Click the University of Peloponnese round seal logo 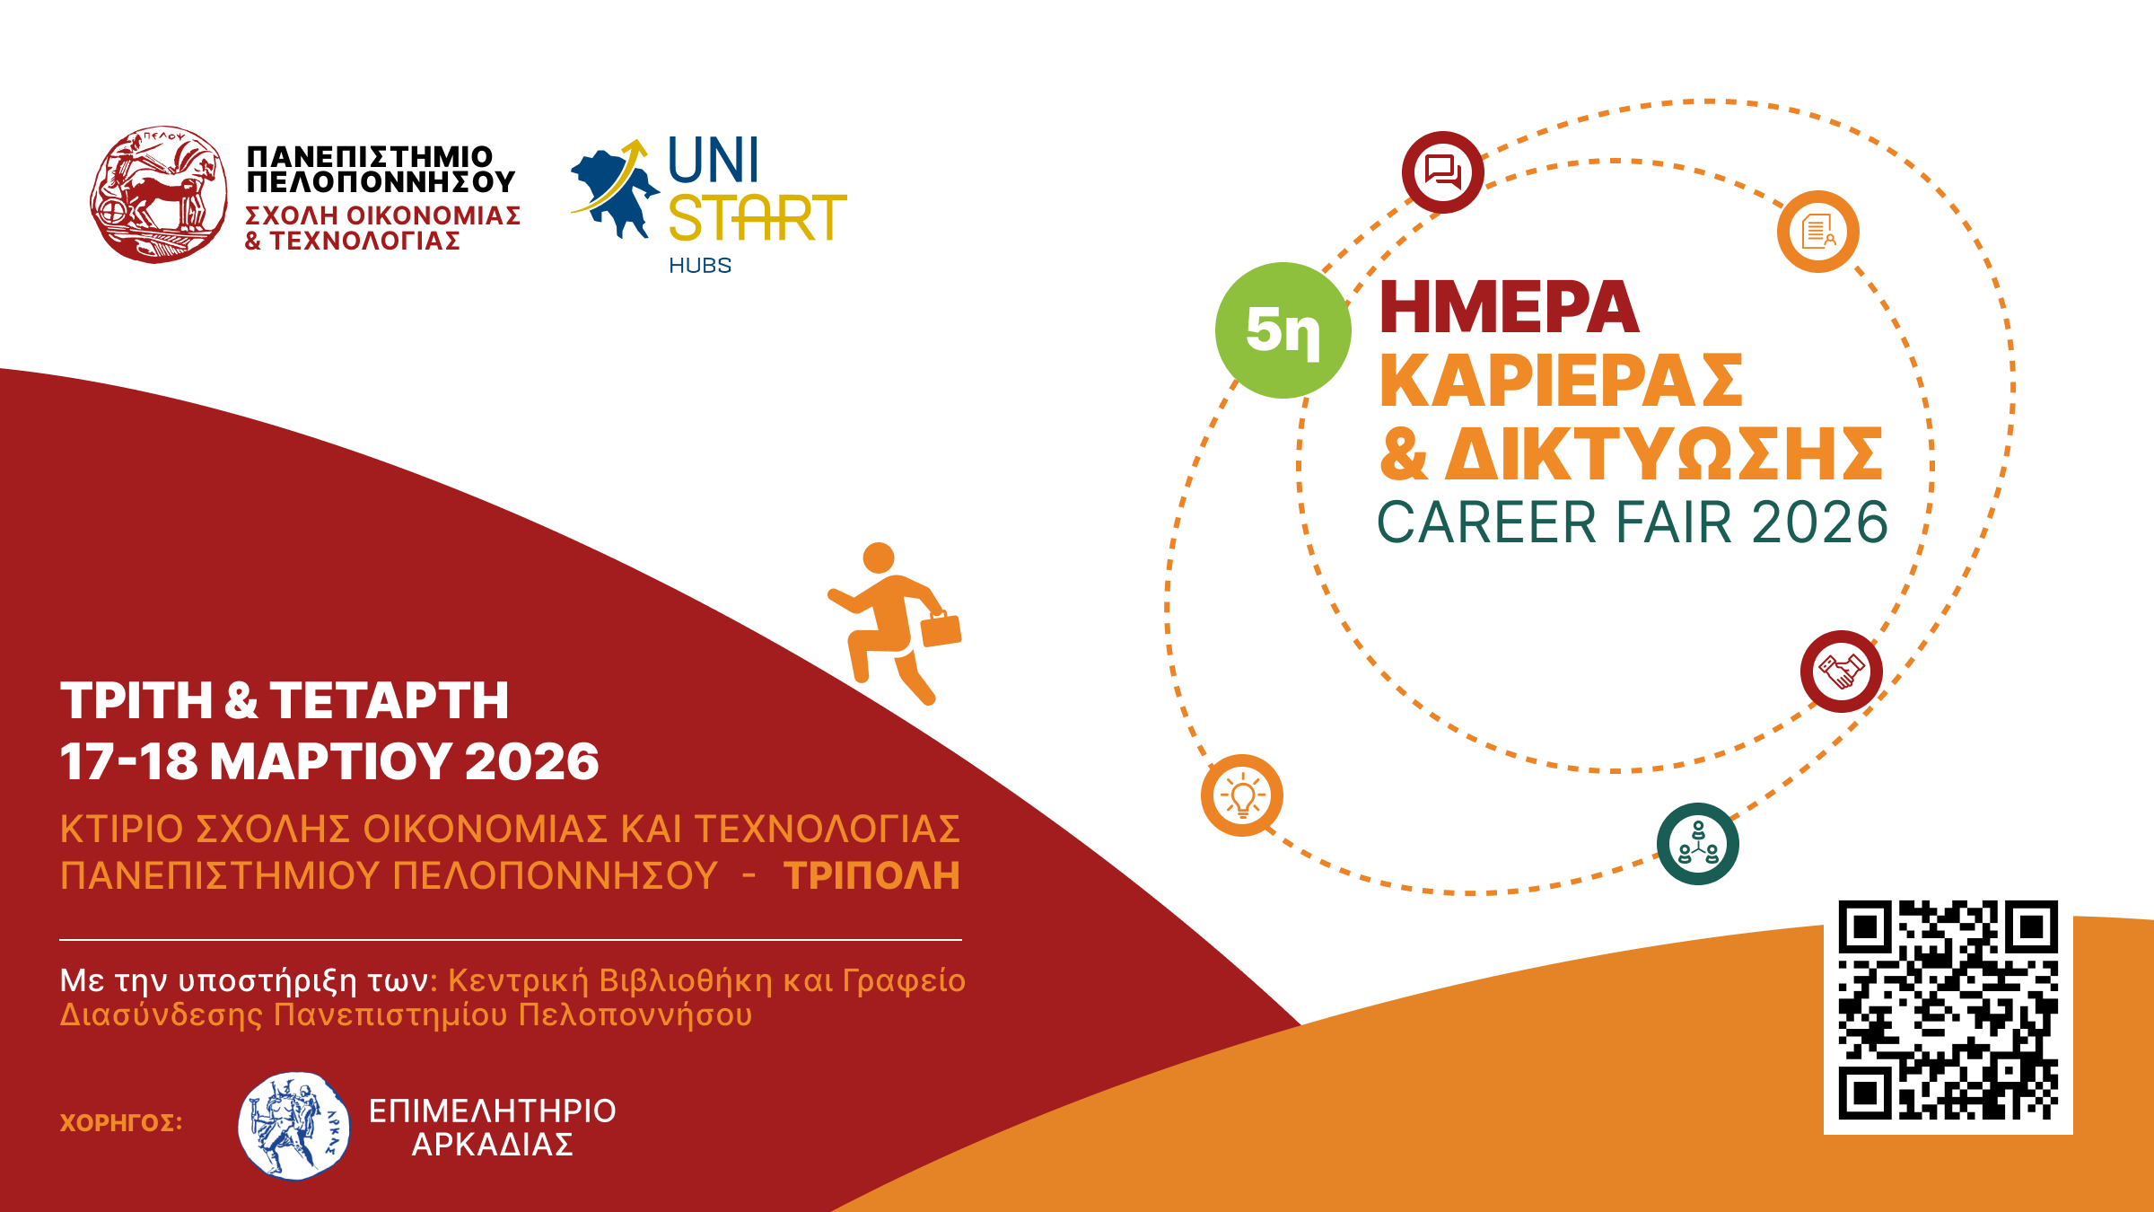pos(159,195)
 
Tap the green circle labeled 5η pos(1283,330)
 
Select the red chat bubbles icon pos(1443,172)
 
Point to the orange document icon pos(1818,232)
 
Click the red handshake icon pos(1842,672)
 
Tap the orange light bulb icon pos(1242,795)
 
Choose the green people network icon pos(1698,844)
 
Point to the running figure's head pos(879,558)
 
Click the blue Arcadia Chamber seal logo pos(294,1126)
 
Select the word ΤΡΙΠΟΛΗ pos(871,876)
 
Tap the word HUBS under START pos(700,266)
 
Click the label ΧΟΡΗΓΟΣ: pos(121,1123)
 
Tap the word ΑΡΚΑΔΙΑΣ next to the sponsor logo pos(493,1145)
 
